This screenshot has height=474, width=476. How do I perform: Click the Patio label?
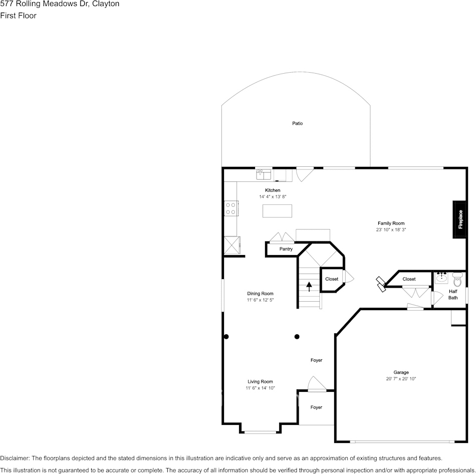point(298,123)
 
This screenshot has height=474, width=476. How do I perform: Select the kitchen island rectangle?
point(277,211)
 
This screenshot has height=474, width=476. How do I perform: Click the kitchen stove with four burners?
point(230,208)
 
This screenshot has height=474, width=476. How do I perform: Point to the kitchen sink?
point(264,174)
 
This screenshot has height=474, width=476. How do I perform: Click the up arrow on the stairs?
point(309,286)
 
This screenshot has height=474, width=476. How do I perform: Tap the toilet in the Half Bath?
point(457,279)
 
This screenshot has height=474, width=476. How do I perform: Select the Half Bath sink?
point(441,278)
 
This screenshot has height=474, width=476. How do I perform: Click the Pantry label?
point(286,249)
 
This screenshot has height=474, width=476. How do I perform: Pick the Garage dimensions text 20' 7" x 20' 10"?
point(401,379)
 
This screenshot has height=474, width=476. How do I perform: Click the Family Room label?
point(391,223)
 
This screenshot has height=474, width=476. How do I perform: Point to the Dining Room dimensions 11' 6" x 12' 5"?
point(260,300)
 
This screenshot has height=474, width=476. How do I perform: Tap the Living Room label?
point(260,382)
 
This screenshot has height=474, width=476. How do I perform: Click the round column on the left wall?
point(226,337)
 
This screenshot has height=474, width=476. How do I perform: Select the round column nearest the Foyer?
point(297,337)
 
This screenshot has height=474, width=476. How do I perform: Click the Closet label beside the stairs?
point(332,279)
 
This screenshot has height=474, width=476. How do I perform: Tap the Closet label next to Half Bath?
point(409,279)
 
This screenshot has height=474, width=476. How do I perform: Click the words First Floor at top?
point(18,16)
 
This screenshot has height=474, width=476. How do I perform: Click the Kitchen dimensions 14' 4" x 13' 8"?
point(273,197)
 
